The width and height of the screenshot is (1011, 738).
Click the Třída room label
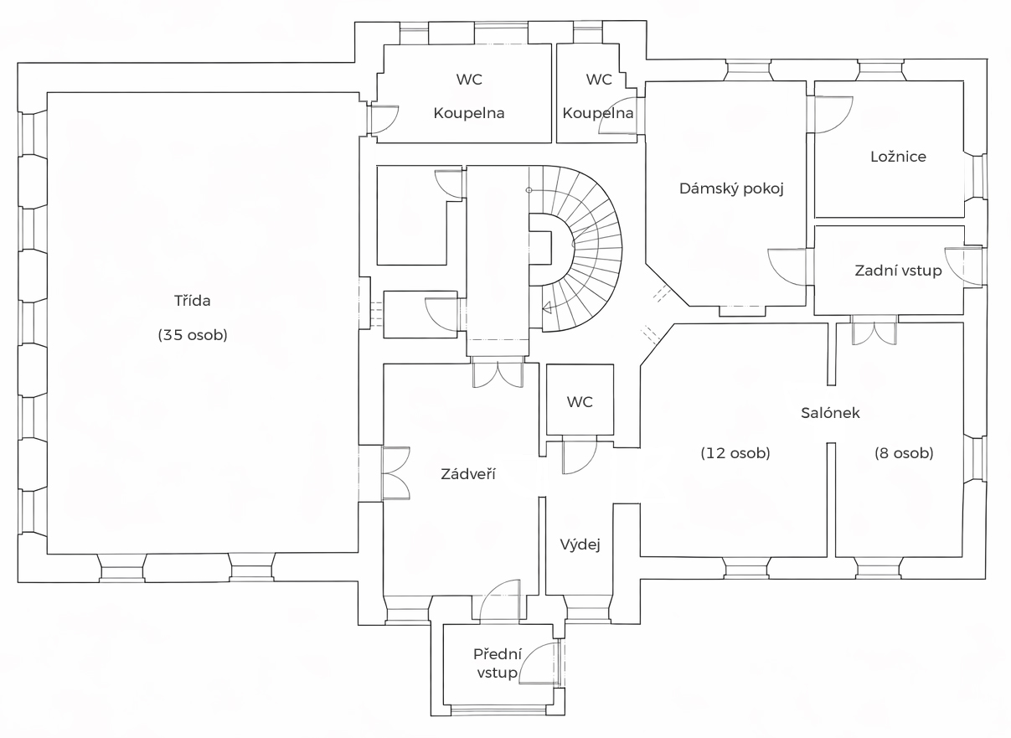[x=192, y=301]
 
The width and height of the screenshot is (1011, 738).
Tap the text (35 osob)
[x=193, y=335]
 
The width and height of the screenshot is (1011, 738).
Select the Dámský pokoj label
[x=730, y=189]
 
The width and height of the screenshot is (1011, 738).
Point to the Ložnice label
[x=898, y=157]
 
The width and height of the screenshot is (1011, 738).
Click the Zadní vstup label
[x=898, y=271]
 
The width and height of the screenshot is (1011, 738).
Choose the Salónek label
[x=830, y=413]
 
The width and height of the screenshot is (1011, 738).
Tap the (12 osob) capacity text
[x=735, y=453]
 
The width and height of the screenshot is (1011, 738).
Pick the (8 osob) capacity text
[x=904, y=453]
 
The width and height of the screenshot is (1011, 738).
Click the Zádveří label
[x=468, y=474]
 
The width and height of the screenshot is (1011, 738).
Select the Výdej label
[x=580, y=544]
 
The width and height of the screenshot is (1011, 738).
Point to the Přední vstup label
[x=497, y=663]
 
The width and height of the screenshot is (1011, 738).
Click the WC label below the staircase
[x=580, y=402]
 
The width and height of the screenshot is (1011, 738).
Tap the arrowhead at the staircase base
[x=546, y=307]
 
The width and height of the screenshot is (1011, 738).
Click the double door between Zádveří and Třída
[x=395, y=472]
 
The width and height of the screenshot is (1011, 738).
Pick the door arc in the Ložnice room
[x=833, y=115]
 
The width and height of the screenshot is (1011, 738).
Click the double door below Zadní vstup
[x=874, y=332]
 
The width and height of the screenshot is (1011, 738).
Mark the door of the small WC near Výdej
[x=580, y=455]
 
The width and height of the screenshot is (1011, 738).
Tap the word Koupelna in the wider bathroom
[x=469, y=113]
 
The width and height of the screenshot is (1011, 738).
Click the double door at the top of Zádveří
[x=498, y=372]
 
